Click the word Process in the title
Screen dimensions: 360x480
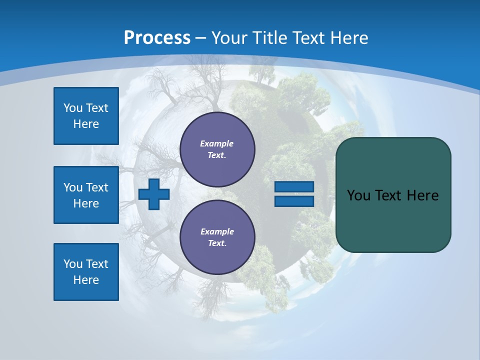pos(157,38)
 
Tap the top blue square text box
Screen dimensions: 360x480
pos(86,116)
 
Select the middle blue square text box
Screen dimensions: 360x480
pos(86,195)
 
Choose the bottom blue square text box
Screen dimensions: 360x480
pos(86,272)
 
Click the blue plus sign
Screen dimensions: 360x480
pos(153,194)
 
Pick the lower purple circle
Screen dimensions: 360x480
pos(217,237)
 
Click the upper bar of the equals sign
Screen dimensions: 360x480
pos(294,186)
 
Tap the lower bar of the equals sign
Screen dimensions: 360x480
pos(294,201)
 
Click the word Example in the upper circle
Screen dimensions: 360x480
pos(217,143)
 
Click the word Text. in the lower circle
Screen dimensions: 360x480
pos(217,243)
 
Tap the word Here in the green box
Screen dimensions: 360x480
pos(422,195)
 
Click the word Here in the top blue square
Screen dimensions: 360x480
pos(86,124)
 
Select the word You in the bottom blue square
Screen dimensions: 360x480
pos(73,264)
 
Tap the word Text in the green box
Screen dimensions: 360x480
pos(388,195)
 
